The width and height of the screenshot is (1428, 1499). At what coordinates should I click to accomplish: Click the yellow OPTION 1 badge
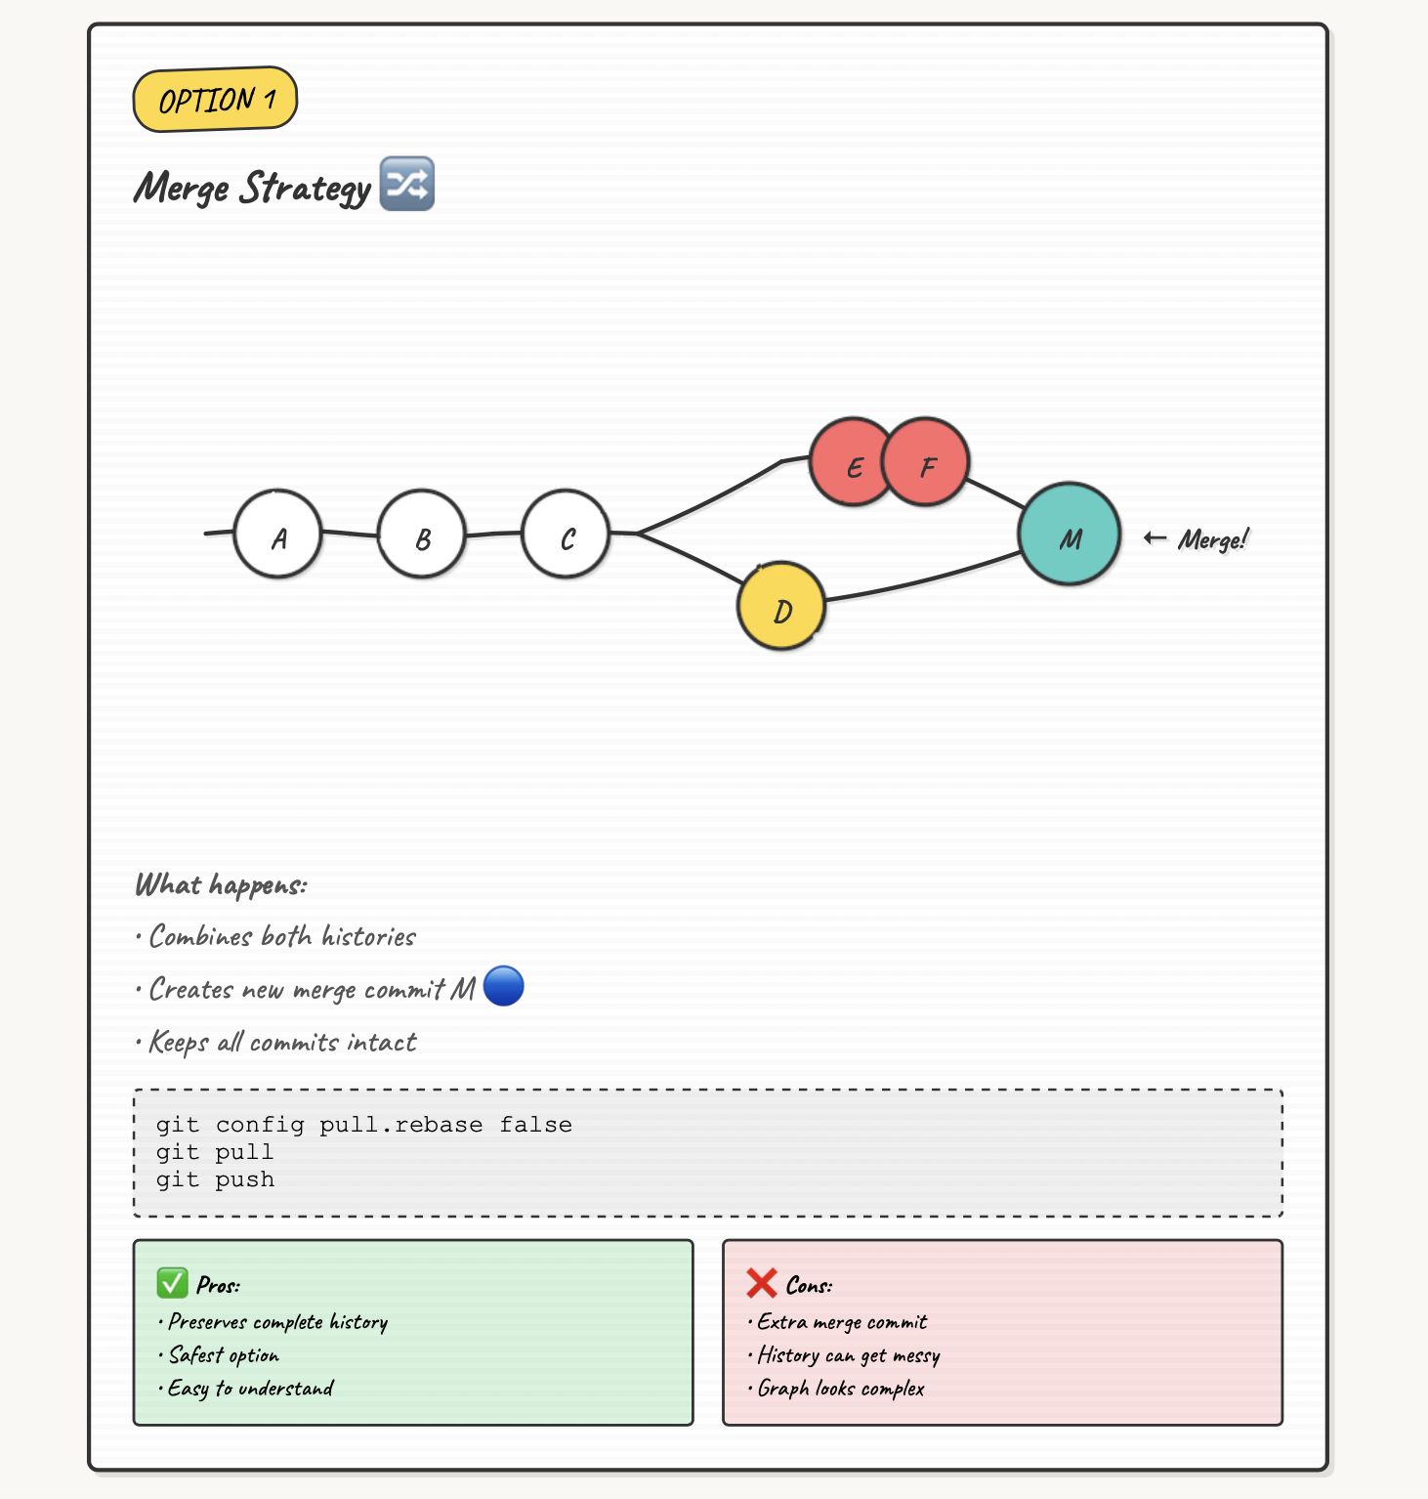(x=215, y=99)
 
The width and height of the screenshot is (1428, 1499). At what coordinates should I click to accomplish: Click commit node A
(x=278, y=535)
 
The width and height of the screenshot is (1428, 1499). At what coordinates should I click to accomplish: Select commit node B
(x=422, y=535)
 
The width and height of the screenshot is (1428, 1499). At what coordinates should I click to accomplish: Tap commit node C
(x=567, y=535)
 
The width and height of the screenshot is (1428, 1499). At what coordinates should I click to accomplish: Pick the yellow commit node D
(x=781, y=607)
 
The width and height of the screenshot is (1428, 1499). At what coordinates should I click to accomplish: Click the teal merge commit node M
(x=1070, y=535)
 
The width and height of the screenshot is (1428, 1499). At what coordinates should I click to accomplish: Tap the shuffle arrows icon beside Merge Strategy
(x=406, y=184)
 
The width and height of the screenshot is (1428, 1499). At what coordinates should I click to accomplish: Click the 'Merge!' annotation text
(x=1213, y=539)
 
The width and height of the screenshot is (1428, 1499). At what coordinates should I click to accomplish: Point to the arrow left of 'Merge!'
(x=1155, y=537)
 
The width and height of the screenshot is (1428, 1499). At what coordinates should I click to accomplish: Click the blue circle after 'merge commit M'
(x=504, y=986)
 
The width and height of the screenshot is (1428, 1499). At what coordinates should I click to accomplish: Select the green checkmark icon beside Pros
(x=173, y=1283)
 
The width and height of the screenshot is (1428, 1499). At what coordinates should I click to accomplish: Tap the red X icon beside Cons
(x=762, y=1283)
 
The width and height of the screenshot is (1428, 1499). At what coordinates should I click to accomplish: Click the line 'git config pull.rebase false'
(x=364, y=1125)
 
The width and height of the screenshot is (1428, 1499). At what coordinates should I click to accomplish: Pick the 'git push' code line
(x=216, y=1179)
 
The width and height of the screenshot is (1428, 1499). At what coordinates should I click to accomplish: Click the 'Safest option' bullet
(x=224, y=1355)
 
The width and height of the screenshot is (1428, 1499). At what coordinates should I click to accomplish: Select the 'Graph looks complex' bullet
(x=840, y=1389)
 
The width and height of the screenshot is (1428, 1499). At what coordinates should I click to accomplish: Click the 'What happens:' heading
(x=221, y=885)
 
